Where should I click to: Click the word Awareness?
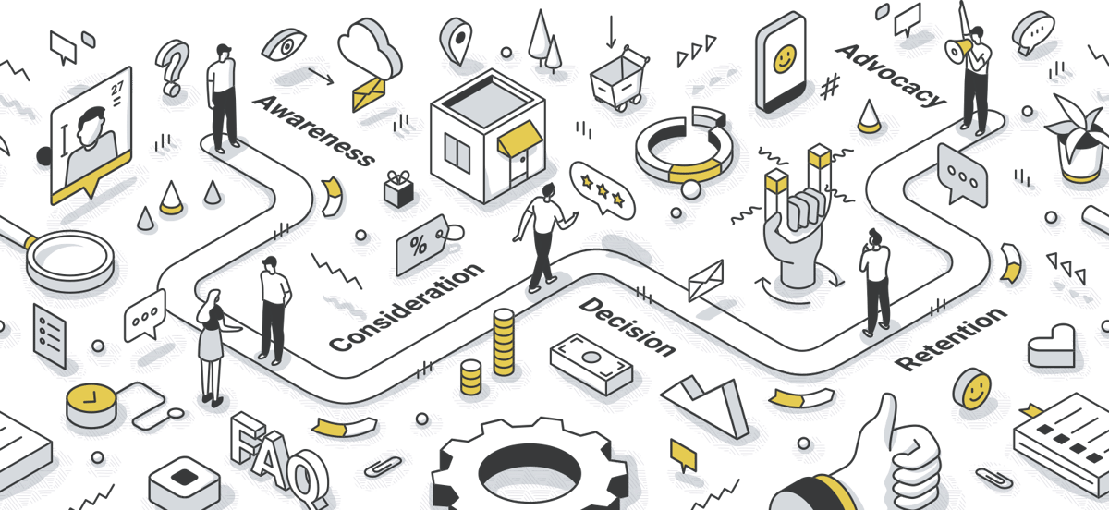[313, 130]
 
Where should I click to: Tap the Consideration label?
[407, 308]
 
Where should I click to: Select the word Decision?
[628, 327]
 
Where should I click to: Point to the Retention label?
[951, 339]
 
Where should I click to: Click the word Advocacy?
[891, 75]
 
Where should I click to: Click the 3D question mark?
[173, 67]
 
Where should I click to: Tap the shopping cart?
[619, 79]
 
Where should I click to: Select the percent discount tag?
[423, 244]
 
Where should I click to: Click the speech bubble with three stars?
[602, 190]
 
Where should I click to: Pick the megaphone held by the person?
[958, 50]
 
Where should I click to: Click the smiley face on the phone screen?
[785, 59]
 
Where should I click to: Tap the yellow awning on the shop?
[519, 137]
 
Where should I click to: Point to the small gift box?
[398, 189]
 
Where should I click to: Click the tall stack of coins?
[504, 342]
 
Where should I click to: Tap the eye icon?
[284, 45]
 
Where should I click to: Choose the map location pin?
[456, 41]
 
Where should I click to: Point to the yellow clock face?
[91, 398]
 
